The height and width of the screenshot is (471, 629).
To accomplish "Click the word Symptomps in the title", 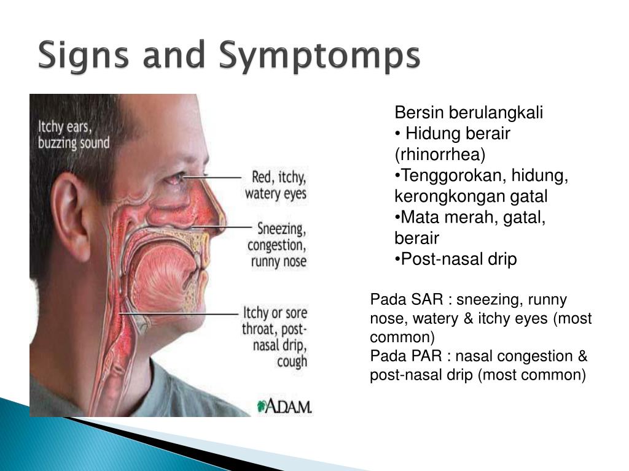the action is click(x=319, y=56).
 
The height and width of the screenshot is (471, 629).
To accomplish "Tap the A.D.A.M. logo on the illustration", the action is click(x=284, y=406).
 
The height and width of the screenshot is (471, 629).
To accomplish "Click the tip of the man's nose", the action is click(x=223, y=218).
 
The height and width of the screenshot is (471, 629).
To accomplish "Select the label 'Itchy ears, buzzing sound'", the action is click(x=74, y=135).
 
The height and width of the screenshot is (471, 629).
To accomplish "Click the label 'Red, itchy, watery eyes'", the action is click(x=276, y=185).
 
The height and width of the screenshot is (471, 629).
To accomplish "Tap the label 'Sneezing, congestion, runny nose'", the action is click(x=277, y=245).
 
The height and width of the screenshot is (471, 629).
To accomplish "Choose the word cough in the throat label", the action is click(x=292, y=361).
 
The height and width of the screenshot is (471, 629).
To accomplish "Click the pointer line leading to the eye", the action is click(x=212, y=177).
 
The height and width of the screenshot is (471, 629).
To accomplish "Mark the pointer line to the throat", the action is click(x=179, y=313).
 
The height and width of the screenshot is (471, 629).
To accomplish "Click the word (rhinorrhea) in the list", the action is click(x=440, y=155).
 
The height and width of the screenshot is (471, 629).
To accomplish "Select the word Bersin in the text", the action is click(x=419, y=113).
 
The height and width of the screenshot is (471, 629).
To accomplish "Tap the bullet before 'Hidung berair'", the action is click(x=397, y=134).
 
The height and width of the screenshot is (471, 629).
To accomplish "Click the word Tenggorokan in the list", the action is click(x=453, y=176).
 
